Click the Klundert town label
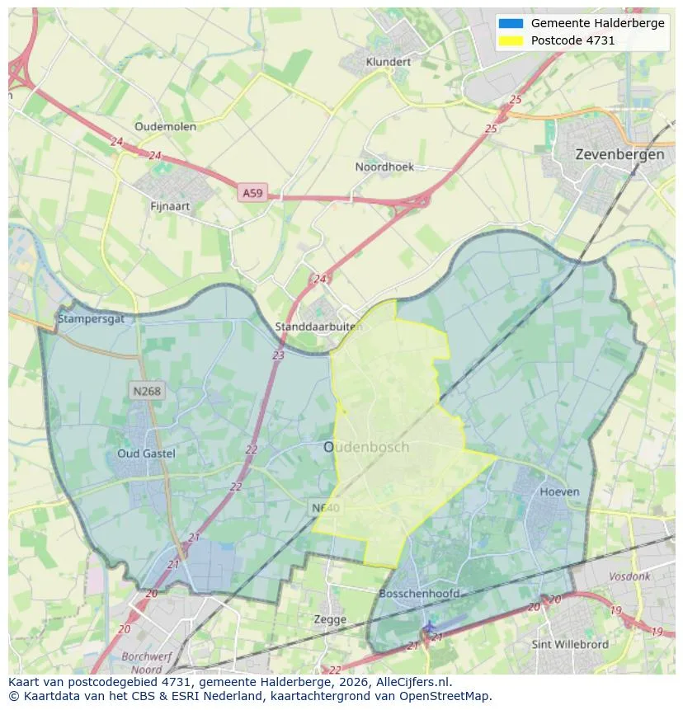388,62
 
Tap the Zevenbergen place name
619,154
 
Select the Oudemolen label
165,126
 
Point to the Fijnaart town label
171,206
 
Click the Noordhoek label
384,167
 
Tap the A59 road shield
252,193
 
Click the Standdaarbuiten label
318,327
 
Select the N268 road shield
146,392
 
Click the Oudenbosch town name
366,447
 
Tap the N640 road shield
325,507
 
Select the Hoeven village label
559,491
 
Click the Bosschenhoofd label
419,594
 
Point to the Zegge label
330,619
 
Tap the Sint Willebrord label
570,644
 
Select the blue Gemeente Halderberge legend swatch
511,23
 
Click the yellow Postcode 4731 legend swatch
511,40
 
